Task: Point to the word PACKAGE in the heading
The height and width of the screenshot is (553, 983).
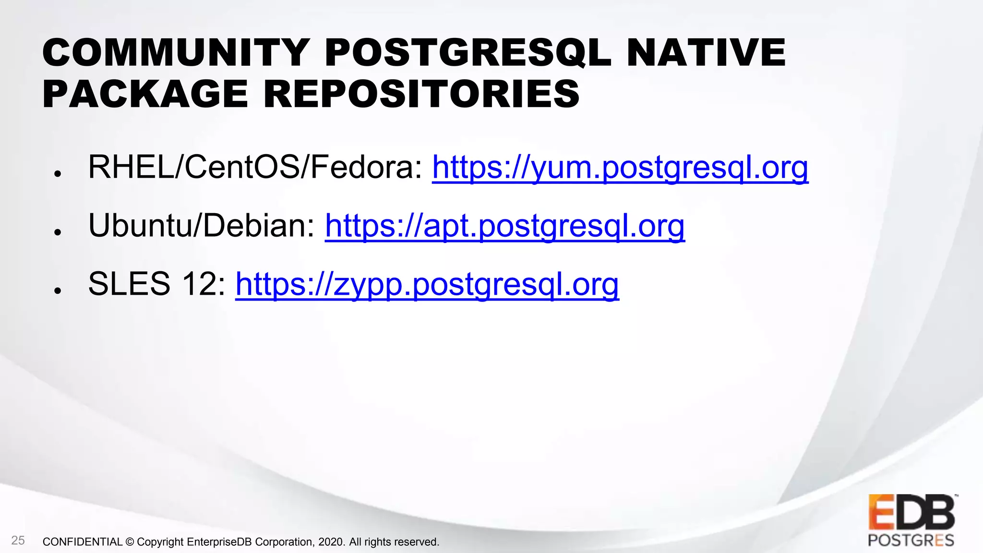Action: coord(145,94)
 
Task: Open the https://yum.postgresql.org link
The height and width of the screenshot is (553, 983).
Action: coord(620,168)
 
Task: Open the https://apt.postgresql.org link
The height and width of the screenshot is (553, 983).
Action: coord(504,226)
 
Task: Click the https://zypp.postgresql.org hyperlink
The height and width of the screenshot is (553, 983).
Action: coord(427,284)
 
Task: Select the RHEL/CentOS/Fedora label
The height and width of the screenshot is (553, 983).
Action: coord(254,168)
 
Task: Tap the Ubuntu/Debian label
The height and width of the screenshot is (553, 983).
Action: coord(201,226)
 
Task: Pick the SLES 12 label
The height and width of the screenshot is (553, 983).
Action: coord(156,284)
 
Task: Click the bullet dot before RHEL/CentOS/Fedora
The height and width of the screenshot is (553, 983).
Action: coord(58,174)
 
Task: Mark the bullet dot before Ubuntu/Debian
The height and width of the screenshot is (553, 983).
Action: coord(58,232)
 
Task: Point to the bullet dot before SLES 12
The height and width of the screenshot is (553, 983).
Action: coord(58,290)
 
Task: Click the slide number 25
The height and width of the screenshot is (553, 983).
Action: coord(18,541)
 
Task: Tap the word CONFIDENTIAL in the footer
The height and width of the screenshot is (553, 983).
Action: coord(83,542)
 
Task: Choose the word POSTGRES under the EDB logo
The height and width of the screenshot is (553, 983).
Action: coord(911,541)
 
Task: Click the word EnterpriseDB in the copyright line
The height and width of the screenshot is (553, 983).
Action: coord(219,542)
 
